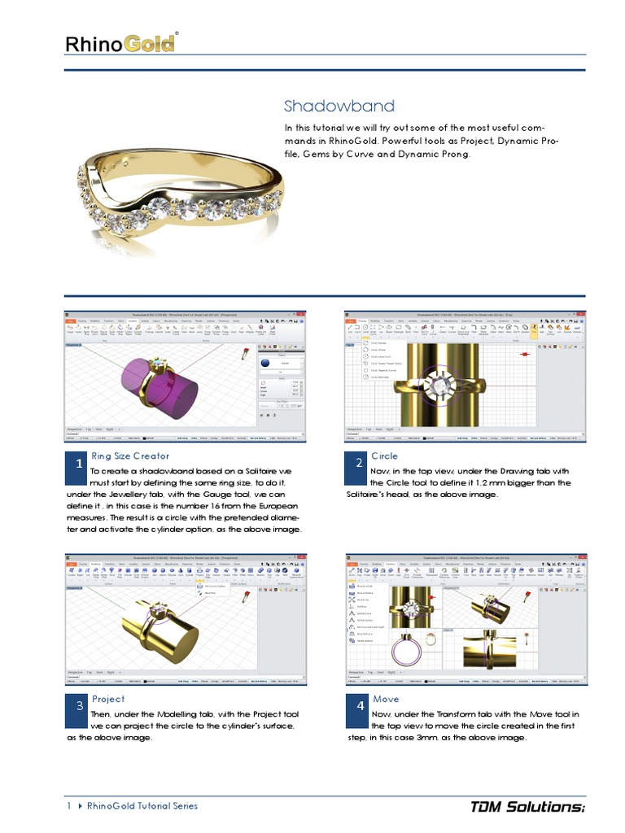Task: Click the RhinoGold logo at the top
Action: (x=121, y=42)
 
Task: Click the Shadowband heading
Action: (x=339, y=106)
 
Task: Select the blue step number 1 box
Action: (x=77, y=463)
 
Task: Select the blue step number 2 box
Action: (x=359, y=463)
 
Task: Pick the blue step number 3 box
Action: (x=78, y=706)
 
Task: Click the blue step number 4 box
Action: (x=359, y=706)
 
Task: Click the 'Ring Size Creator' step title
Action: (x=130, y=456)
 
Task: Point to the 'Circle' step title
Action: (x=384, y=456)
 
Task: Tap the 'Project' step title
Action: (x=108, y=699)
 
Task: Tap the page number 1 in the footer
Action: (x=69, y=806)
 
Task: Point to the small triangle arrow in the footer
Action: (x=80, y=806)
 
